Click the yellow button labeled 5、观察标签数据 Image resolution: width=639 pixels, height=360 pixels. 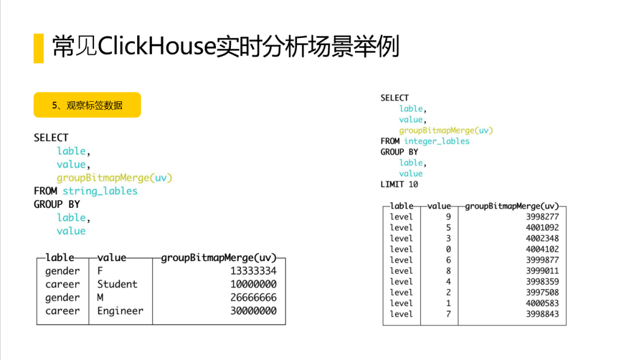(x=87, y=105)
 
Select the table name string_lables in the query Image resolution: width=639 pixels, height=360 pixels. (x=100, y=191)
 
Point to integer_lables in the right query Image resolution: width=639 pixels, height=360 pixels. (x=437, y=141)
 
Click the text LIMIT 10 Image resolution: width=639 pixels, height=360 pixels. (x=399, y=184)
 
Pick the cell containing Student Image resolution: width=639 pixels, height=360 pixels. (x=117, y=284)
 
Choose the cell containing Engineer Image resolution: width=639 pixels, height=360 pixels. (x=120, y=311)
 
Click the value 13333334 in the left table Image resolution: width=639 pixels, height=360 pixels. (x=253, y=271)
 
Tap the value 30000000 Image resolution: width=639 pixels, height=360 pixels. (x=253, y=311)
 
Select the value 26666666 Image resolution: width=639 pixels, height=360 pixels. (x=253, y=298)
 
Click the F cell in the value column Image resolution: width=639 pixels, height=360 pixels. (x=101, y=271)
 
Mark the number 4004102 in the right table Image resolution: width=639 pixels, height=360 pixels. (x=542, y=249)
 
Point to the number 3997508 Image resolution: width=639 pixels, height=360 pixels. (x=542, y=292)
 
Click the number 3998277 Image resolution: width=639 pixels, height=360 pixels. (x=542, y=217)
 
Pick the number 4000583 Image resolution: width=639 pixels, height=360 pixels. (x=542, y=303)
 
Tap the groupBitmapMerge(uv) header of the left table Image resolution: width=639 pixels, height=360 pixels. (x=219, y=258)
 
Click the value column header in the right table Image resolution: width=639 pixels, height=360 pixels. (x=439, y=206)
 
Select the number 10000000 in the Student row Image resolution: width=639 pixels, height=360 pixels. (x=253, y=284)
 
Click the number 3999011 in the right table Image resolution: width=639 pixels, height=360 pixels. (x=542, y=271)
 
